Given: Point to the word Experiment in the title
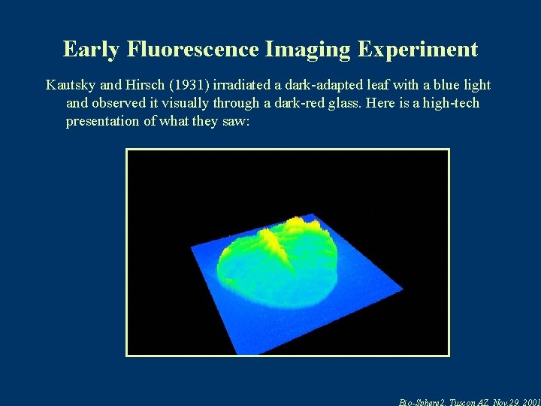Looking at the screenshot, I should [418, 50].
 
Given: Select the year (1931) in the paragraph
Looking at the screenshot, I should [194, 86].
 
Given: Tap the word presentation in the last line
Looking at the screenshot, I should [102, 122].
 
